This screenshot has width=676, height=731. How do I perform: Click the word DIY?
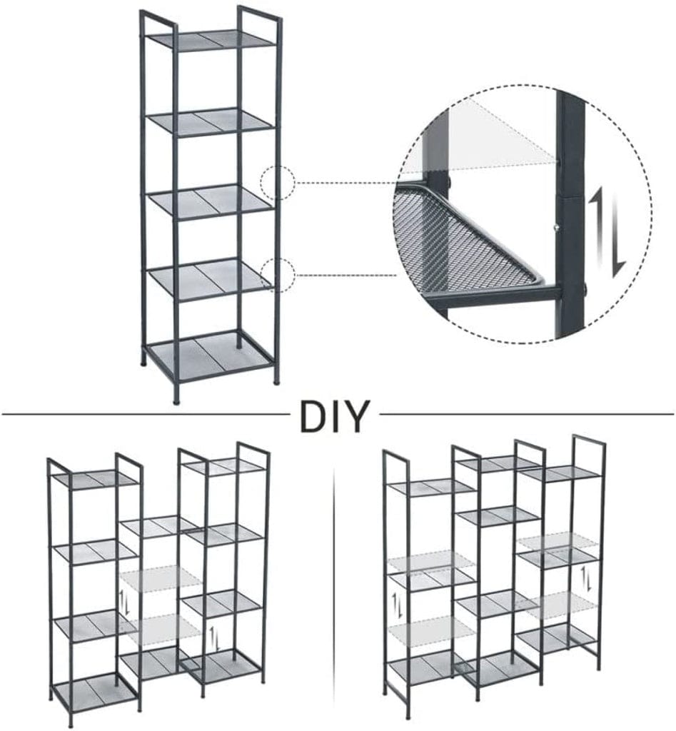point(335,416)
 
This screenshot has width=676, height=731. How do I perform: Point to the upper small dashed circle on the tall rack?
point(278,183)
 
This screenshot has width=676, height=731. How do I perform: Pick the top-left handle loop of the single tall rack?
point(158,18)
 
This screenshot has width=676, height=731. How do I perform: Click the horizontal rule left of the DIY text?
point(143,413)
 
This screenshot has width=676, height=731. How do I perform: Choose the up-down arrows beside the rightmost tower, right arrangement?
point(587,577)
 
